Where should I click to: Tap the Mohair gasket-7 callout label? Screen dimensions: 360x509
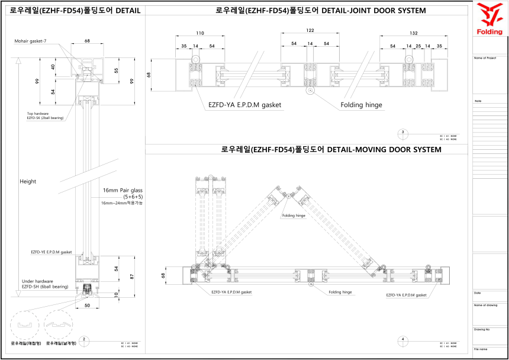tap(34, 41)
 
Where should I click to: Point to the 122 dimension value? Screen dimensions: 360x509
tap(310, 30)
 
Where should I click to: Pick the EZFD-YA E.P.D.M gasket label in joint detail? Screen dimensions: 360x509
tap(244, 105)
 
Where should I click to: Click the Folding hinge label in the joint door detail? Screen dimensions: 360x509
tap(361, 105)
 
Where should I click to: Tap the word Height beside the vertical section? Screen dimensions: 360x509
tap(27, 181)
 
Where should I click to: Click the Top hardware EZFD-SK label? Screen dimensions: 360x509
tap(45, 116)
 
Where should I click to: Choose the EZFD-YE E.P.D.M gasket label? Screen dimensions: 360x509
tap(51, 252)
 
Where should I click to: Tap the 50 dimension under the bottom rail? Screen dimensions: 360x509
tap(88, 306)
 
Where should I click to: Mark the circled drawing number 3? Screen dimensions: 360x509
tap(402, 132)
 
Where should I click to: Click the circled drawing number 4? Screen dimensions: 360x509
tap(402, 339)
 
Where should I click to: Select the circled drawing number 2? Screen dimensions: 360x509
tap(85, 339)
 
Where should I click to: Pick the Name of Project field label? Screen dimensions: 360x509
tap(485, 58)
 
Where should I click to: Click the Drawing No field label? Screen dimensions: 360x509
tap(482, 329)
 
